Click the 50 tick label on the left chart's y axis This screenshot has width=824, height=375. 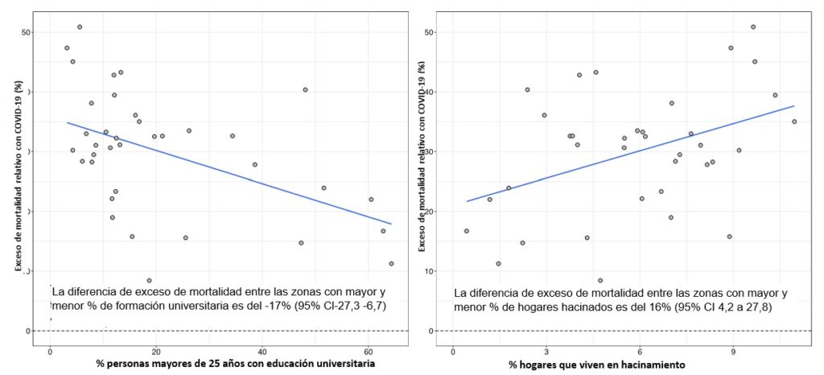click(27, 32)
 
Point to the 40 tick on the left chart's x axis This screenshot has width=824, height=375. click(262, 352)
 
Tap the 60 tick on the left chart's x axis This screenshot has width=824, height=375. click(368, 352)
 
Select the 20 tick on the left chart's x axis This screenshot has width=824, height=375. click(155, 352)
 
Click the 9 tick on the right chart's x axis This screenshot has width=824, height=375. click(732, 352)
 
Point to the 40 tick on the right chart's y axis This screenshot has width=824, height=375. click(431, 93)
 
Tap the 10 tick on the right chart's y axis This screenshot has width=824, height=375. click(431, 272)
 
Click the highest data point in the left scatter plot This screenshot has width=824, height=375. click(80, 27)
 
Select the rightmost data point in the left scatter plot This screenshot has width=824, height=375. click(391, 263)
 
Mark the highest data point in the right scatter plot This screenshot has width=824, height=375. click(753, 27)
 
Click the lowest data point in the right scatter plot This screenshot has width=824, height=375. click(600, 280)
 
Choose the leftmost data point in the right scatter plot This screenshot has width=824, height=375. click(466, 231)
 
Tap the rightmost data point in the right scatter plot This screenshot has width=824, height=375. click(794, 122)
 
